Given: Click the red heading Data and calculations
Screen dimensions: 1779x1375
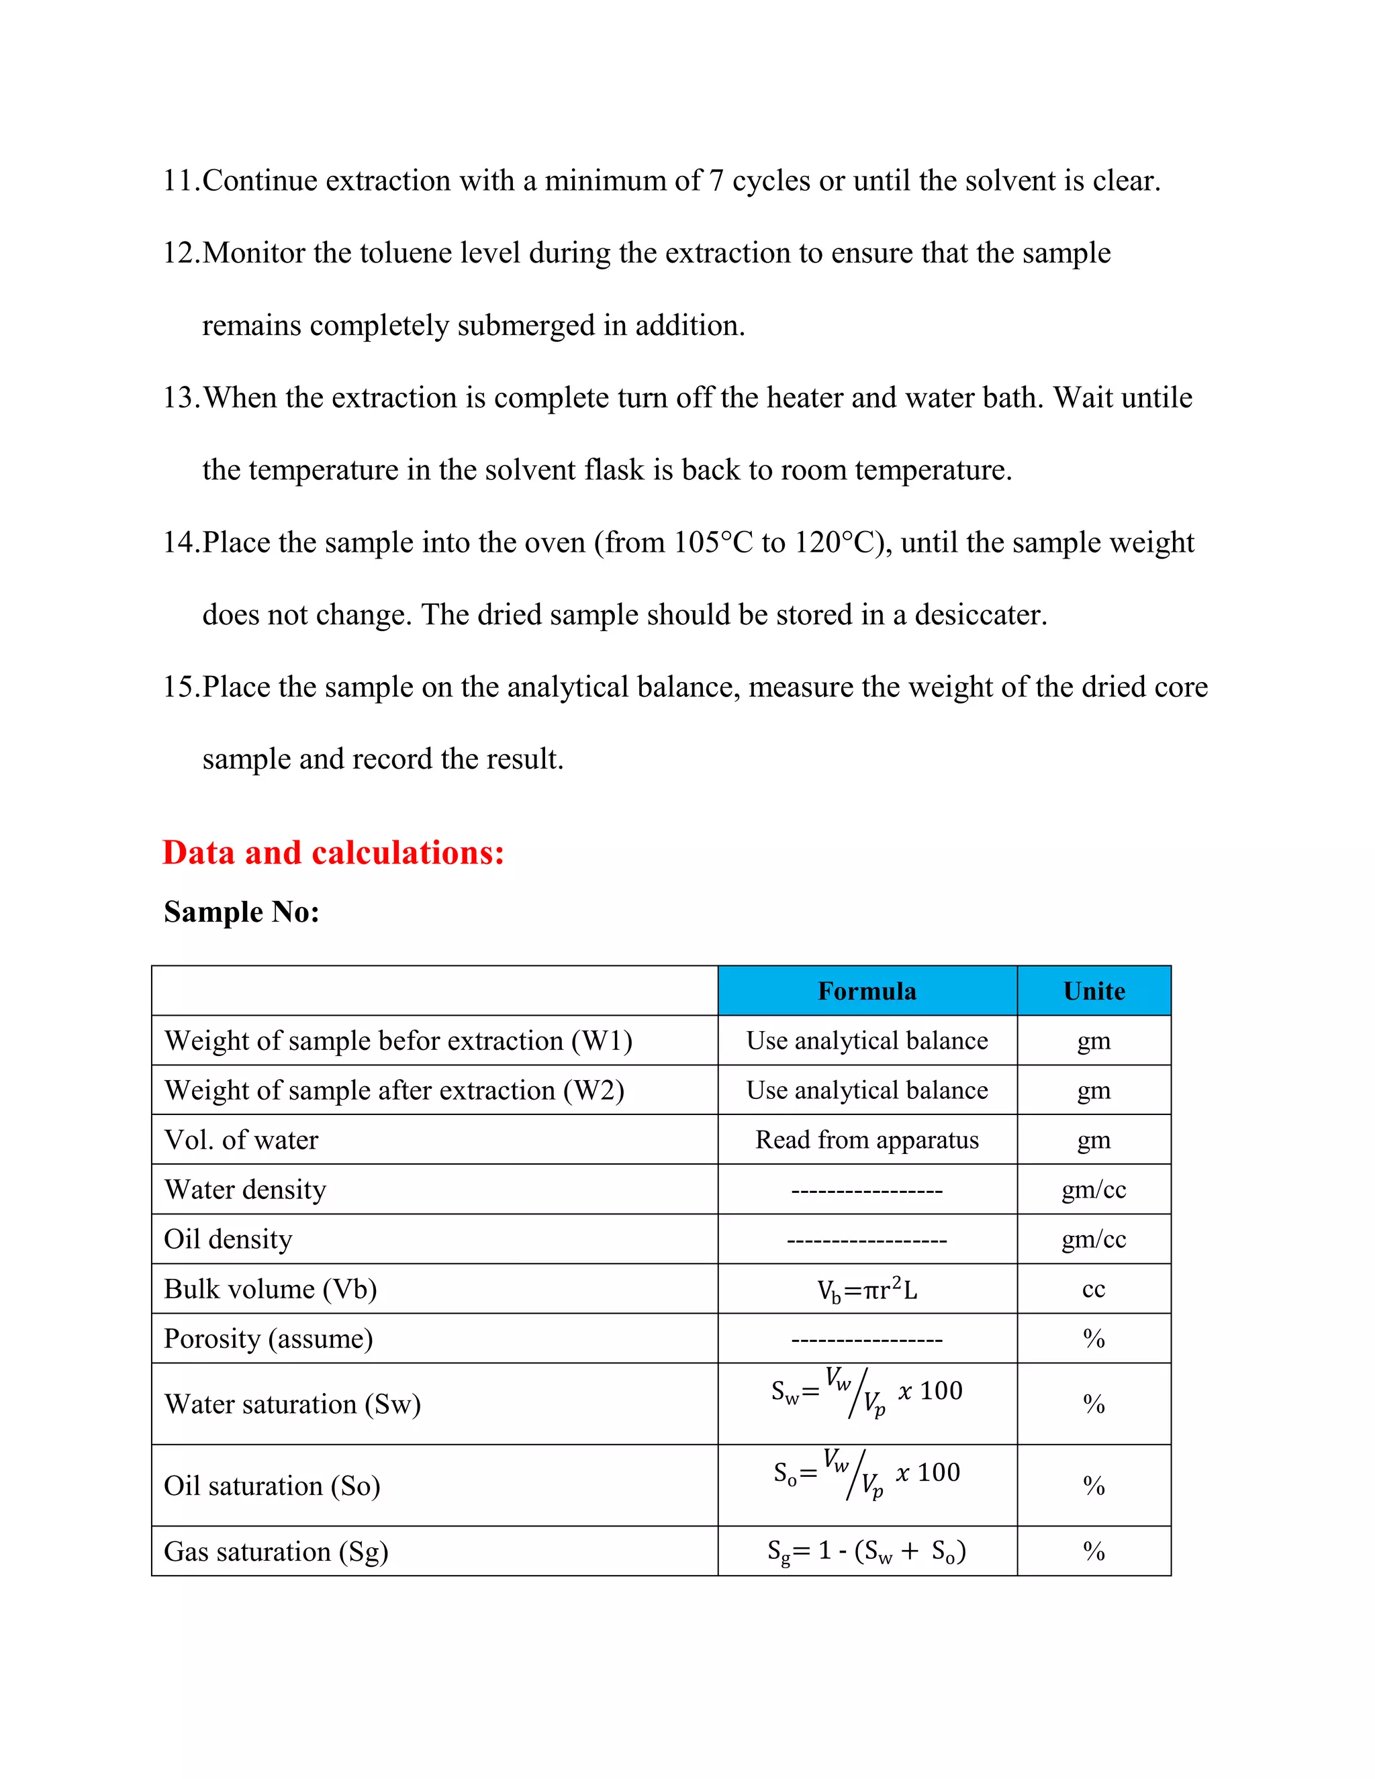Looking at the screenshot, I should [333, 853].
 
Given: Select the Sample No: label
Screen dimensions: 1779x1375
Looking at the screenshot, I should [242, 912].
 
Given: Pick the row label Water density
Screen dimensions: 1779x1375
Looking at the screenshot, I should [245, 1190].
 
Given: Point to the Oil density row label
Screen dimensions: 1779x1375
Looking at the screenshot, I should [228, 1239].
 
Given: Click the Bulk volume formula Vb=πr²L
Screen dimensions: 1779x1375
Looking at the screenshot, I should [867, 1290].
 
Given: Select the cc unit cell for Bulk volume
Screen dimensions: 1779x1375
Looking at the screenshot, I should [1093, 1290].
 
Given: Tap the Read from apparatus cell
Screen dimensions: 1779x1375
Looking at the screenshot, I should [867, 1140].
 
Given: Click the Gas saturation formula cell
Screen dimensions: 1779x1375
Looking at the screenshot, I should [867, 1551].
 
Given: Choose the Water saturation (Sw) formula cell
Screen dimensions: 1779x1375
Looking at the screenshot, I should [867, 1394].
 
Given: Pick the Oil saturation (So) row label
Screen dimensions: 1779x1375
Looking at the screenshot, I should [272, 1486].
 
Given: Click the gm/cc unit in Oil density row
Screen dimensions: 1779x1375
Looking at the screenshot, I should [1093, 1239].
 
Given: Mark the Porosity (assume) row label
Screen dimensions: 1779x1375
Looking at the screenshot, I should [268, 1339].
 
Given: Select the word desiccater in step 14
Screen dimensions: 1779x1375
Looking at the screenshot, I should [980, 614].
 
